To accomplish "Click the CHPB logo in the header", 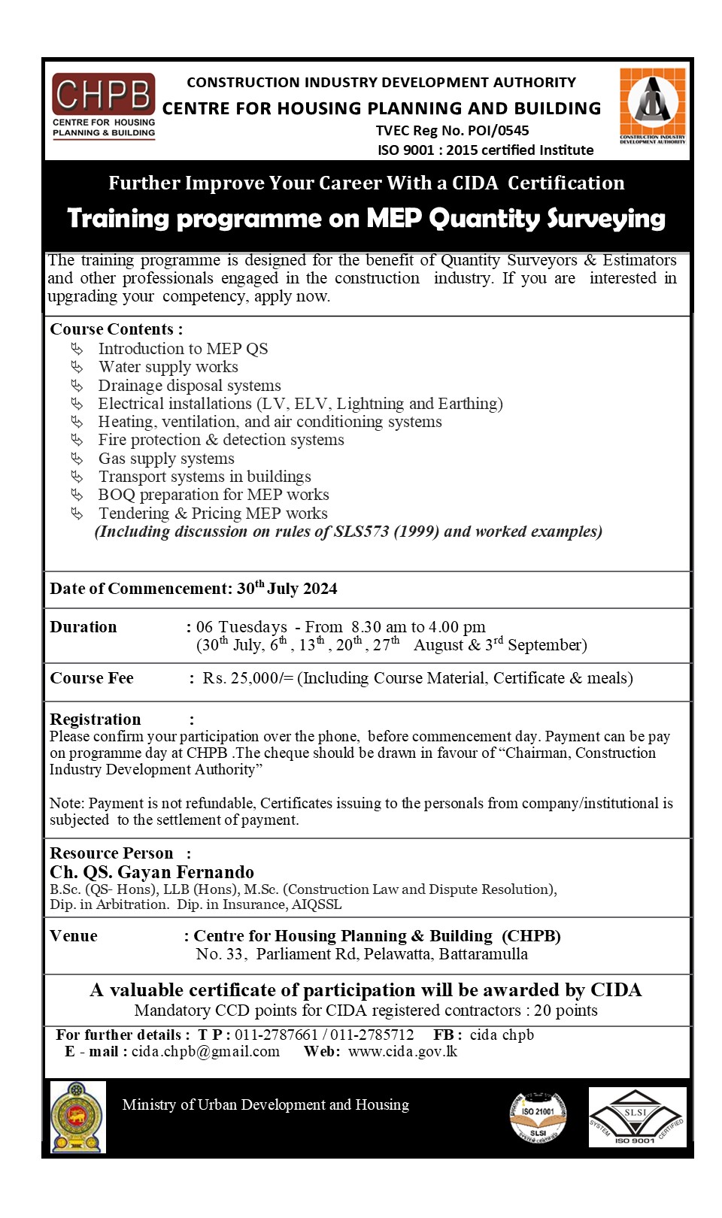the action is point(104,105).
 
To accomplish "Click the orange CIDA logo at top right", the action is point(652,105).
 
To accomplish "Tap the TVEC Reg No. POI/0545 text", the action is point(452,130).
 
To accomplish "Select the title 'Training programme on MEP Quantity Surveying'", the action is point(366,218).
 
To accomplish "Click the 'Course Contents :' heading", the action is point(116,329).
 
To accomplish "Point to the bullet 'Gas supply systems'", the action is point(166,459).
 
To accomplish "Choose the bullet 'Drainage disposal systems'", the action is point(190,386).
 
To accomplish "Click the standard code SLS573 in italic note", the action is point(361,532).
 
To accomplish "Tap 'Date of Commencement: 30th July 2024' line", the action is point(193,589).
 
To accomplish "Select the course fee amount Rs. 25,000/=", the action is point(247,678).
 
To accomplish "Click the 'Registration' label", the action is point(96,720).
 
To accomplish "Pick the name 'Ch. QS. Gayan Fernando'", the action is point(152,872).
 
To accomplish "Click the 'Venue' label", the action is point(74,936).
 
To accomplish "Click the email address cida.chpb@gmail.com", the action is point(205,1051).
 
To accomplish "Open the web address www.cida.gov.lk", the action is point(402,1051).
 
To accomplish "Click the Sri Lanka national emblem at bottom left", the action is point(77,1116).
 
